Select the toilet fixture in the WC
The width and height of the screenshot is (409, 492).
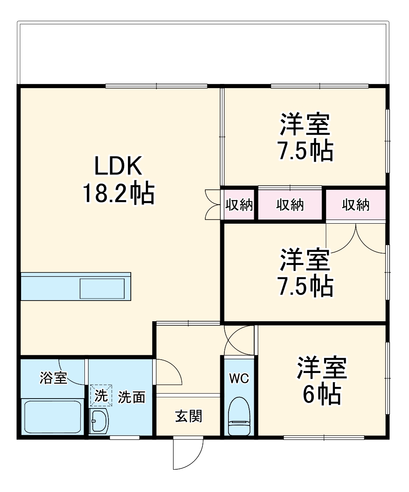[239, 416]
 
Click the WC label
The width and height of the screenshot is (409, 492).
[239, 378]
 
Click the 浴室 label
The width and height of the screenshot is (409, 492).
[53, 378]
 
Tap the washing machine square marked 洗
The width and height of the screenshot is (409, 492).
[101, 396]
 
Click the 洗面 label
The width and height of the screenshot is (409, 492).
[132, 397]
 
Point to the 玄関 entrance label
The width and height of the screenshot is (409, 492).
[188, 416]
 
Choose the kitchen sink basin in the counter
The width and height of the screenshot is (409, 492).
[102, 288]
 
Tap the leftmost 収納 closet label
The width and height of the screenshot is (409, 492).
[239, 205]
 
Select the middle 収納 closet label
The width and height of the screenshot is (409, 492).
[290, 205]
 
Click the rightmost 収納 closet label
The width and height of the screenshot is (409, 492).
[356, 205]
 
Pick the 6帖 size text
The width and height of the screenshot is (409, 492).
[322, 395]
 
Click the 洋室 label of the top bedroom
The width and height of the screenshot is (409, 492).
[305, 124]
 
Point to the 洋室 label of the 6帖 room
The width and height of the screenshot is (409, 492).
[322, 368]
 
